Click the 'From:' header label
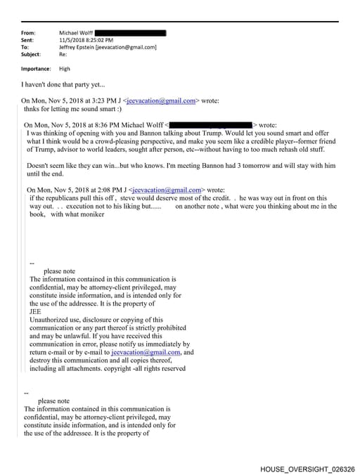[28, 33]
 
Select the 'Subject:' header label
[31, 54]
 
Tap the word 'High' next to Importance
[65, 69]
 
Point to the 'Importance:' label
[36, 69]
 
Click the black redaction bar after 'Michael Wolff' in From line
[130, 33]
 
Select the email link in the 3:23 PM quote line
[162, 100]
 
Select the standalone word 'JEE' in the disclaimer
[35, 312]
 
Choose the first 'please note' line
[59, 271]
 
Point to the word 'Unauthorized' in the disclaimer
[52, 320]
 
